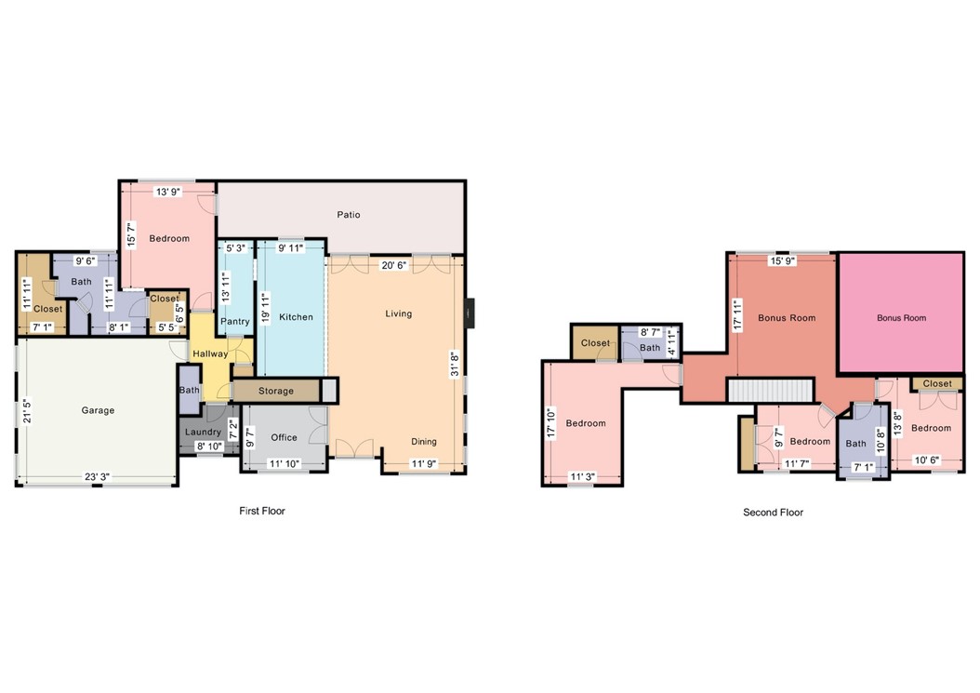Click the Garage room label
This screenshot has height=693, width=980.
pyautogui.click(x=98, y=410)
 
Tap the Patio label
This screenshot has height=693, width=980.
pyautogui.click(x=349, y=215)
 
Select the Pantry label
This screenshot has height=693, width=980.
pyautogui.click(x=234, y=322)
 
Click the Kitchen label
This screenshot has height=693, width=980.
pyautogui.click(x=297, y=317)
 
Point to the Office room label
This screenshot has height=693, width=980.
pyautogui.click(x=284, y=437)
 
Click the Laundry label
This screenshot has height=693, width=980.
pyautogui.click(x=203, y=433)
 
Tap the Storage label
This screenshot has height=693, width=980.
pyautogui.click(x=276, y=391)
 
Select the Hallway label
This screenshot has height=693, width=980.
pyautogui.click(x=210, y=353)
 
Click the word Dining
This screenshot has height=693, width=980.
pyautogui.click(x=424, y=442)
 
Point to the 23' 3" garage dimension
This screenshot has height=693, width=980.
pyautogui.click(x=99, y=477)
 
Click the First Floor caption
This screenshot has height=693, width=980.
pyautogui.click(x=261, y=511)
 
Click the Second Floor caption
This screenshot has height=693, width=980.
pyautogui.click(x=773, y=513)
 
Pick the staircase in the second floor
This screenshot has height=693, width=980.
pyautogui.click(x=770, y=390)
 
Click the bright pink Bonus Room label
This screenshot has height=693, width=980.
pyautogui.click(x=901, y=318)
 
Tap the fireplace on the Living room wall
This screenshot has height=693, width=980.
pyautogui.click(x=471, y=313)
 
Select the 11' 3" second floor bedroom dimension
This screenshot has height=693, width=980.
pyautogui.click(x=582, y=477)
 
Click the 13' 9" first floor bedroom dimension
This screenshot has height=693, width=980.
pyautogui.click(x=168, y=192)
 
